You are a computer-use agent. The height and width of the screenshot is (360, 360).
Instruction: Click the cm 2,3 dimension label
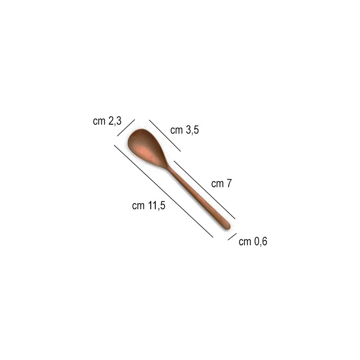(107, 121)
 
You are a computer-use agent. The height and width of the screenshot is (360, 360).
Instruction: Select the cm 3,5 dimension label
(184, 130)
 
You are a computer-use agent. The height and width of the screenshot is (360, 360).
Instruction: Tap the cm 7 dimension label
(221, 184)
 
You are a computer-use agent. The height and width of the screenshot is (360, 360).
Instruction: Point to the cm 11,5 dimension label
(148, 206)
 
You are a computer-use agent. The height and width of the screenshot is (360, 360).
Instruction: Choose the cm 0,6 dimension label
(253, 242)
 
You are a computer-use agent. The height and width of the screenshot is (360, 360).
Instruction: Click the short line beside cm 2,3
(126, 128)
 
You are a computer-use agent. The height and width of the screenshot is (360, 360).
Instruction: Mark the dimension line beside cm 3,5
(165, 135)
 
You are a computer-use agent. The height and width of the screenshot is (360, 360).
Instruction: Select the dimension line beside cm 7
(205, 189)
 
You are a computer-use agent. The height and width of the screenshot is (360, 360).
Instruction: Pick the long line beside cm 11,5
(163, 191)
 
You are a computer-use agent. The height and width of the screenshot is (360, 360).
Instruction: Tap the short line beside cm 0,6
(232, 237)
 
